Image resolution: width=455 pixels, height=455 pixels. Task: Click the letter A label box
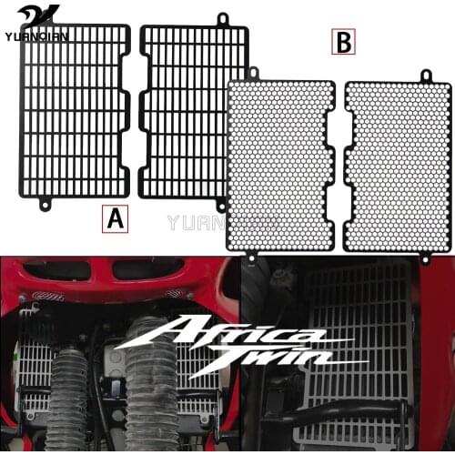pyautogui.click(x=114, y=218)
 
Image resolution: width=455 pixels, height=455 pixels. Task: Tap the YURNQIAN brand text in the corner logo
pyautogui.click(x=31, y=26)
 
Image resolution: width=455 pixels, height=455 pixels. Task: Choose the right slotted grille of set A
pyautogui.click(x=193, y=109)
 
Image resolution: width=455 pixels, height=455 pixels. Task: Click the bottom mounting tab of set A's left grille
pyautogui.click(x=43, y=204)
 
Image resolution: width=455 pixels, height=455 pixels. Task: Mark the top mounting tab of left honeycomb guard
pyautogui.click(x=254, y=73)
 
